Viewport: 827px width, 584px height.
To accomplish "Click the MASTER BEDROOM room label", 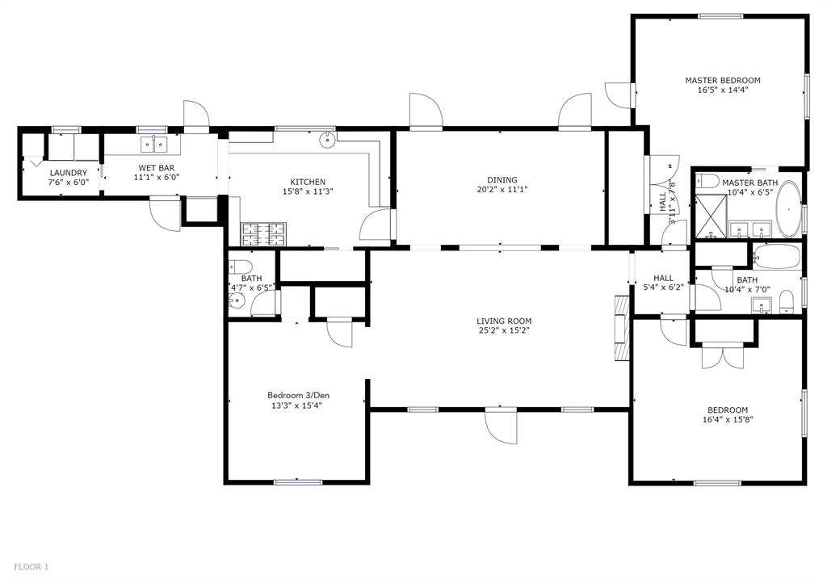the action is tap(723, 80).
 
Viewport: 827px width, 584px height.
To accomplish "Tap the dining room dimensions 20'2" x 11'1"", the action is tap(502, 189).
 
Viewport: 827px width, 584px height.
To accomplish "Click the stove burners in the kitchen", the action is tap(263, 234).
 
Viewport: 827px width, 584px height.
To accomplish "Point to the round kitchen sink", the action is tap(328, 139).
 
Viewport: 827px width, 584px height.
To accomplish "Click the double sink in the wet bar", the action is tap(153, 144).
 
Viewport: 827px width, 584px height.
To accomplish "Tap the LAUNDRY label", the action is tap(68, 173).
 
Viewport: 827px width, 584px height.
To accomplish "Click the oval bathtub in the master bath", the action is tap(788, 209).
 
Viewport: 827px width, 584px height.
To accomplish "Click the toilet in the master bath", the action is tap(706, 181).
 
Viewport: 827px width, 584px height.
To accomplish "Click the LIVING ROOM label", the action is tap(504, 321).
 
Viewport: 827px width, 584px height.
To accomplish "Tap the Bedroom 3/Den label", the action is tap(299, 395).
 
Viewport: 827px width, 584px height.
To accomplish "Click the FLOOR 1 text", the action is tap(31, 567).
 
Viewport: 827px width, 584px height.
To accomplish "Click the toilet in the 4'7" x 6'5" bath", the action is tap(241, 267).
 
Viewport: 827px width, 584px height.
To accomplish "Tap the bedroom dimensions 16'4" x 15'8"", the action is tap(728, 420).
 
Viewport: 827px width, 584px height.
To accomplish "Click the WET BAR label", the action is tap(157, 168).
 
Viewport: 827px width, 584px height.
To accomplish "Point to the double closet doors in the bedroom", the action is tap(723, 356).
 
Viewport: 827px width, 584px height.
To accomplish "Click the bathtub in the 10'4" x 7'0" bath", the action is tap(776, 257).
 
